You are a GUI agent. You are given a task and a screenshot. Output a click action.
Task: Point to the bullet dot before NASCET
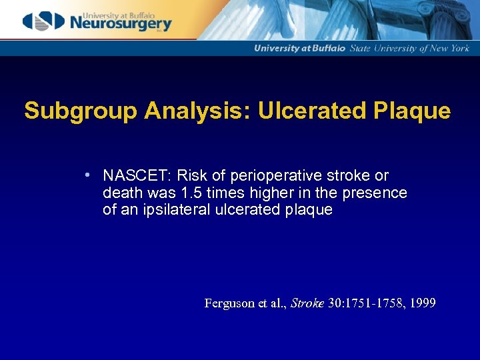pos(88,176)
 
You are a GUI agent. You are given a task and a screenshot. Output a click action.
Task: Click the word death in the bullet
pos(121,193)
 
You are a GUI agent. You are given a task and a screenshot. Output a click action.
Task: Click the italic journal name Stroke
pos(306,303)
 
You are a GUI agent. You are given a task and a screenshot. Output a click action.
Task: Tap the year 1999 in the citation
pos(423,303)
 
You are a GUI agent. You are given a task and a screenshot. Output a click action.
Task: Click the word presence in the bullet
pos(381,193)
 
